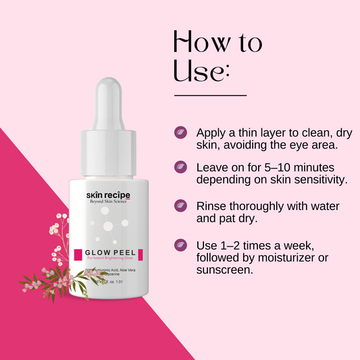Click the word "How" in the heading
pyautogui.click(x=199, y=43)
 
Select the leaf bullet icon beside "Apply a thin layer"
pyautogui.click(x=180, y=132)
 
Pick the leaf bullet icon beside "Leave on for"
pyautogui.click(x=180, y=166)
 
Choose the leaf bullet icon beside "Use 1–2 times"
pyautogui.click(x=180, y=245)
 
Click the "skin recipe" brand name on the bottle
pyautogui.click(x=107, y=195)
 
